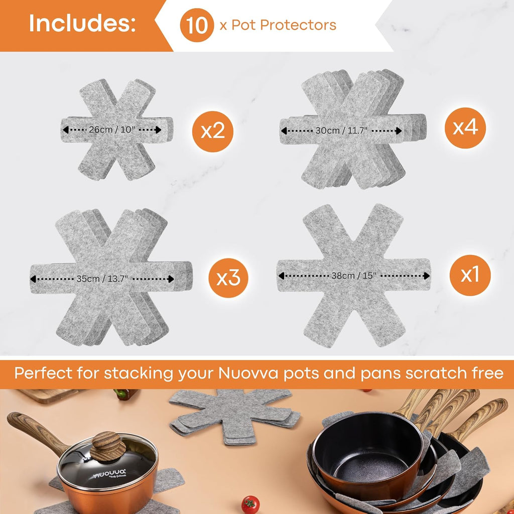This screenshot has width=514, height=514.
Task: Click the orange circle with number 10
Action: (x=197, y=25)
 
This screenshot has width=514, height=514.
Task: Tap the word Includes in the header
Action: (x=82, y=24)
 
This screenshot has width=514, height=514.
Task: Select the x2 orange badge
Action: (x=212, y=132)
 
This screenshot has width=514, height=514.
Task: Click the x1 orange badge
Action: (x=469, y=275)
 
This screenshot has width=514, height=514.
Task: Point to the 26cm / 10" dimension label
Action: (x=112, y=130)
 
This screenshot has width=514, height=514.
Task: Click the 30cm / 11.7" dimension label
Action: (x=342, y=131)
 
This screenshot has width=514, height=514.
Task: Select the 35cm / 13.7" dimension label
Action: (x=103, y=279)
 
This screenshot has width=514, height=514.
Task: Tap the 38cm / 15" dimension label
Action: (x=353, y=276)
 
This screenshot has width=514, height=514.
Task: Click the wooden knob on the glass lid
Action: (x=107, y=446)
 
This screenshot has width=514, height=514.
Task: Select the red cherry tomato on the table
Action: (x=250, y=504)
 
